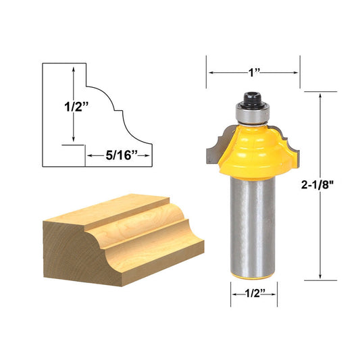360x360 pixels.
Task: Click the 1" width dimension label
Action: tap(253, 72)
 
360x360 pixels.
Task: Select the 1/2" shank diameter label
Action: tap(253, 294)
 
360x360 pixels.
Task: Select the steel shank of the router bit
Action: tap(253, 223)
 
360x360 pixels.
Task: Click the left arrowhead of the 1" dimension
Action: tap(210, 72)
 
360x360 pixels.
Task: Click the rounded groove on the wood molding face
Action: tap(145, 233)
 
